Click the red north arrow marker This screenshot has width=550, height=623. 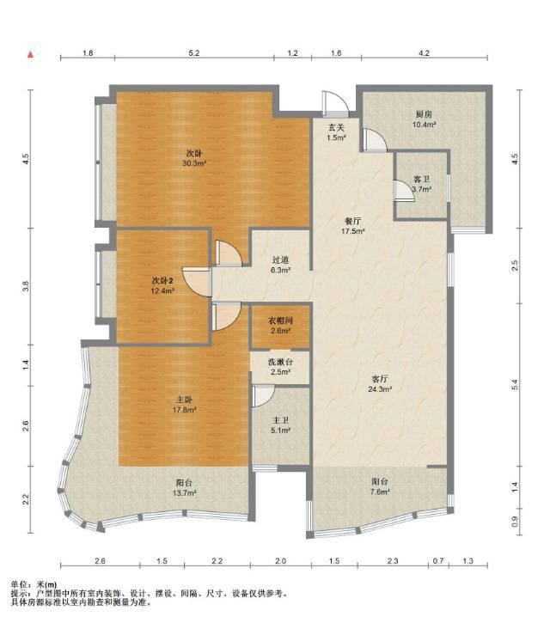pyautogui.click(x=30, y=54)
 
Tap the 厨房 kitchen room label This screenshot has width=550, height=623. pyautogui.click(x=424, y=114)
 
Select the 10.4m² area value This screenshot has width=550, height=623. pyautogui.click(x=424, y=125)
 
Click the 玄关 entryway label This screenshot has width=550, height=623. pyautogui.click(x=336, y=127)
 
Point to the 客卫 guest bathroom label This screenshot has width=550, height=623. pyautogui.click(x=421, y=180)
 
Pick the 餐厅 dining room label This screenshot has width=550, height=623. pyautogui.click(x=353, y=221)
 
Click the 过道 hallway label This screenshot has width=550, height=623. pyautogui.click(x=280, y=260)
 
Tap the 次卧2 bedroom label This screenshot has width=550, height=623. pyautogui.click(x=162, y=280)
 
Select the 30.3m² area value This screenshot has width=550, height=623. pyautogui.click(x=194, y=163)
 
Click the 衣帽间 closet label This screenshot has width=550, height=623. pyautogui.click(x=280, y=321)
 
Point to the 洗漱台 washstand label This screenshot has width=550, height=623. pyautogui.click(x=280, y=362)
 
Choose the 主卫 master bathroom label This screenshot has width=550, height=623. pyautogui.click(x=280, y=420)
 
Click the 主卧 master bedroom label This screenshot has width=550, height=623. pyautogui.click(x=184, y=400)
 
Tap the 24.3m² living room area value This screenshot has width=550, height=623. pyautogui.click(x=380, y=389)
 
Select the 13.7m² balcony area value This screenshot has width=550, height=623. pyautogui.click(x=184, y=493)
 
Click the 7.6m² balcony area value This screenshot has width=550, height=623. pyautogui.click(x=380, y=492)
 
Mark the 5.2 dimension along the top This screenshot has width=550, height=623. pyautogui.click(x=194, y=52)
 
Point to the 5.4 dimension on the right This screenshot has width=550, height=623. pyautogui.click(x=515, y=385)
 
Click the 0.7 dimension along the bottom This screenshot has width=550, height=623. pyautogui.click(x=438, y=561)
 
